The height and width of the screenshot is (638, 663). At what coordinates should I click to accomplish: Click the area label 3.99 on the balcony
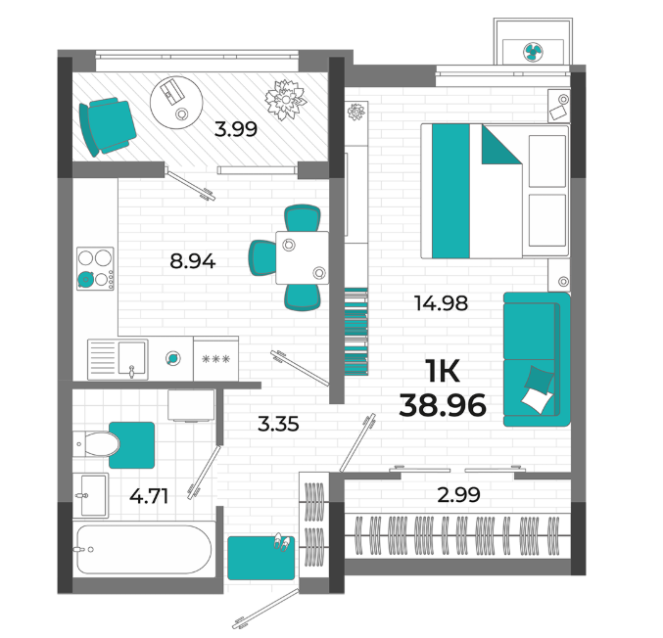235,129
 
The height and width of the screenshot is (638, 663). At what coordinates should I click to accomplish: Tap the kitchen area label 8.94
193,261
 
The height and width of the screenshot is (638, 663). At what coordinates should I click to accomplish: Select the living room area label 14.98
441,303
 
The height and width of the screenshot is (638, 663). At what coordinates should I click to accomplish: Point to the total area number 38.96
443,405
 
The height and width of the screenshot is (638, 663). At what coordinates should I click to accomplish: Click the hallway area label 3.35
278,424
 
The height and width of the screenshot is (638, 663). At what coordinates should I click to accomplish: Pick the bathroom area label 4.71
149,496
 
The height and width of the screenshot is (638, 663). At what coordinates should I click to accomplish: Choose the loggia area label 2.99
458,495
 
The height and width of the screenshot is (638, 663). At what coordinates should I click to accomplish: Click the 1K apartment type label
443,371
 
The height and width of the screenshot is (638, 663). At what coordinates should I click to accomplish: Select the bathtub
144,549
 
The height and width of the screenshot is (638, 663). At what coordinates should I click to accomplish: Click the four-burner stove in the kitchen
95,269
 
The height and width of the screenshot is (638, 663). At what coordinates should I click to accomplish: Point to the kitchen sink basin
131,358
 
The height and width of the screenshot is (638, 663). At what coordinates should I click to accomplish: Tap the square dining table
302,257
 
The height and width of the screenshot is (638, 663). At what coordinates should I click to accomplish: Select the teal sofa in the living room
536,359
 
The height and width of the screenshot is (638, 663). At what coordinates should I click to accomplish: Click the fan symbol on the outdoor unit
533,52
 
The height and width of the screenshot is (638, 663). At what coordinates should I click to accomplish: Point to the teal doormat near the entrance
260,558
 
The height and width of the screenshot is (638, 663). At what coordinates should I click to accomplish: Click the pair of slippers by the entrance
282,542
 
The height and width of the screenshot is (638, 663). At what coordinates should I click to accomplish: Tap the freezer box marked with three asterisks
216,359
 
